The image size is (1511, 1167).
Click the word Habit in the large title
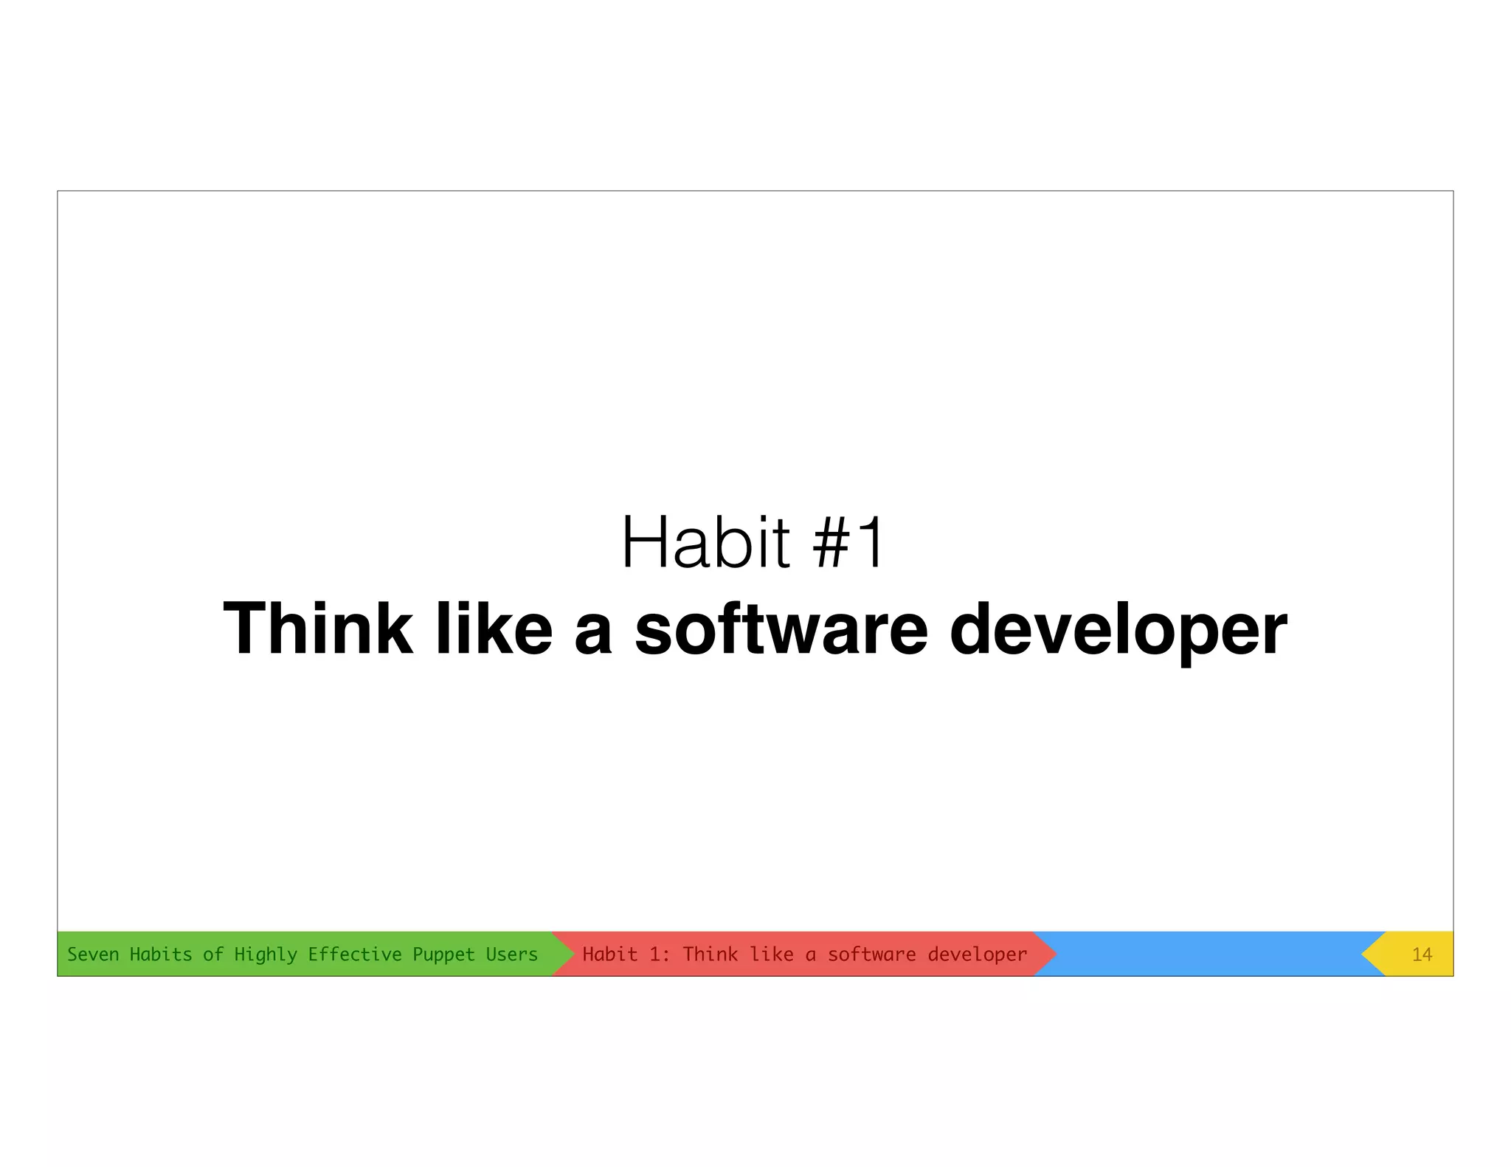click(705, 543)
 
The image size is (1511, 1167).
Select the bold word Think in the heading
click(317, 628)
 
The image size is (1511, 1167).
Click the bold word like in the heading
click(494, 628)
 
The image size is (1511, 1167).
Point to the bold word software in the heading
click(781, 628)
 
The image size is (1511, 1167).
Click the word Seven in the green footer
click(93, 954)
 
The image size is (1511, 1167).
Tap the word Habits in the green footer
click(161, 954)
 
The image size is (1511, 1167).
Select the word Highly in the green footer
click(266, 955)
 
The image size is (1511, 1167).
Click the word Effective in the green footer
click(354, 954)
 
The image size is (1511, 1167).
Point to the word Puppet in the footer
click(443, 955)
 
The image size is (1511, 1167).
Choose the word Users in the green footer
click(511, 954)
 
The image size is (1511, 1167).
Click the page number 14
click(1422, 955)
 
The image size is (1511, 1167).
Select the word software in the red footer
click(871, 954)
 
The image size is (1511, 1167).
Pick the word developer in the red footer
click(977, 955)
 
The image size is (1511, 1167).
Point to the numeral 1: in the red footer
click(659, 954)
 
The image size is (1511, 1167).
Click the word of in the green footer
click(213, 954)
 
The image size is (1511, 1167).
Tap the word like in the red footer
click(772, 954)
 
